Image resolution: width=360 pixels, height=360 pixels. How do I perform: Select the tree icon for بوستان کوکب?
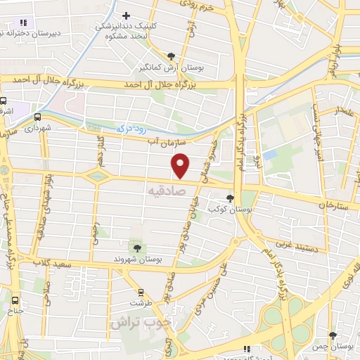231,199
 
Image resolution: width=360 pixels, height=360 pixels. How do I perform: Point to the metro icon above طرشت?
141,291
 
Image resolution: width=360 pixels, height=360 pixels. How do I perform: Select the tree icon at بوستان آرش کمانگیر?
172,56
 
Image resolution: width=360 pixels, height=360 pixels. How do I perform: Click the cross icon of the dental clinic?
127,15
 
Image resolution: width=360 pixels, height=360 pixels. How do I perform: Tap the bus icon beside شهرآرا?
37,117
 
